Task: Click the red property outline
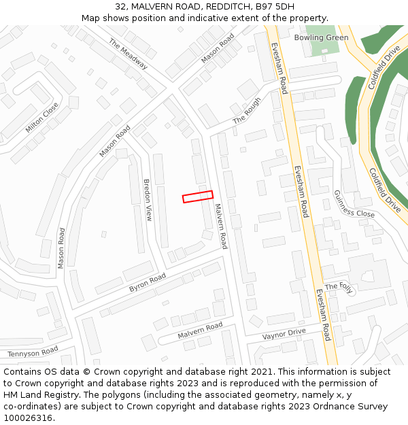[x=198, y=197]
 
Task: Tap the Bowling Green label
[x=321, y=37]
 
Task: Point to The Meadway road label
[x=128, y=54]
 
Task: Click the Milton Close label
[x=42, y=118]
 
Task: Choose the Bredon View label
[x=148, y=200]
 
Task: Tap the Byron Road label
[x=148, y=283]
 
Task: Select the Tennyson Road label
[x=33, y=352]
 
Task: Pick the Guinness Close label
[x=354, y=203]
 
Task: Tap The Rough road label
[x=247, y=110]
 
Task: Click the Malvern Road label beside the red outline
[x=220, y=226]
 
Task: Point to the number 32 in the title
[x=120, y=7]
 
